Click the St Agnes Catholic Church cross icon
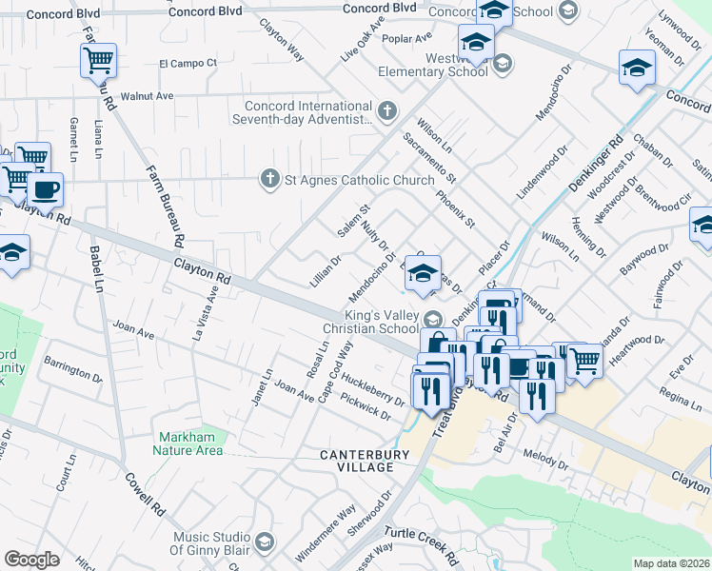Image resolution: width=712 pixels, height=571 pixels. click(x=270, y=178)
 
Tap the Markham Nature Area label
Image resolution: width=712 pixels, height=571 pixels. click(x=190, y=443)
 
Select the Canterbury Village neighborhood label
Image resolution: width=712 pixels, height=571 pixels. click(x=357, y=462)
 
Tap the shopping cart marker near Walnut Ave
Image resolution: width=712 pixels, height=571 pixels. click(x=99, y=61)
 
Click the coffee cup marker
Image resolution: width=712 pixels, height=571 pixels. click(x=45, y=188)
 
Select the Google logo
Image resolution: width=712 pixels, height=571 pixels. click(x=31, y=560)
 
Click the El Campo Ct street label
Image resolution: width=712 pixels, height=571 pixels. click(x=188, y=64)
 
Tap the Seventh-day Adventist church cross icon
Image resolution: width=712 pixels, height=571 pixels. click(x=386, y=112)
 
